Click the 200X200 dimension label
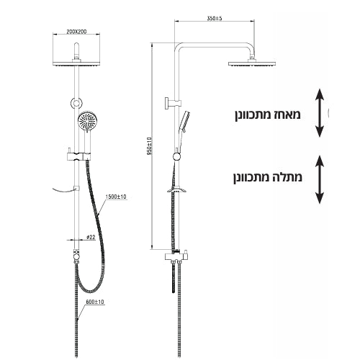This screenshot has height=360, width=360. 76,32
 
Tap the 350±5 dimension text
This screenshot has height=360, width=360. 215,18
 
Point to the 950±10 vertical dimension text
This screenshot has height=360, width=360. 150,145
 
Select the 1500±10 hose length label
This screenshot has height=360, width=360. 116,197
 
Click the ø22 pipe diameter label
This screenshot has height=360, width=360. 91,237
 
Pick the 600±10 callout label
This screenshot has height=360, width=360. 95,302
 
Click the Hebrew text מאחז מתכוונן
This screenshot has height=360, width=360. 268,114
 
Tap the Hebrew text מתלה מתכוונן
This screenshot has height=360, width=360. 268,177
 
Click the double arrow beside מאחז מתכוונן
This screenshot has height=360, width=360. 320,113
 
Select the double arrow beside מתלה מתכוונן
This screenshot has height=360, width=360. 320,179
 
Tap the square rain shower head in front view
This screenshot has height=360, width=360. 76,63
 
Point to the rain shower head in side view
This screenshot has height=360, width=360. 252,63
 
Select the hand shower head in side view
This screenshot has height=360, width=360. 186,122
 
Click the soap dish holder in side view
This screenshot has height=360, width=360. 177,189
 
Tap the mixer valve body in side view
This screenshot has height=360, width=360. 177,256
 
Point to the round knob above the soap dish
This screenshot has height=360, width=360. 177,156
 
